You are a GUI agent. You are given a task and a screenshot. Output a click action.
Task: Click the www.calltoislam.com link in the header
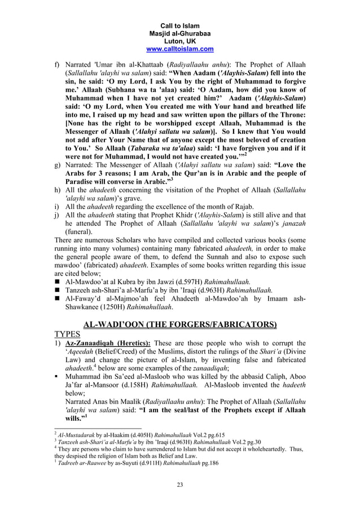pyautogui.click(x=180, y=49)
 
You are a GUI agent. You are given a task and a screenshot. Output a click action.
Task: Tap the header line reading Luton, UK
pyautogui.click(x=180, y=41)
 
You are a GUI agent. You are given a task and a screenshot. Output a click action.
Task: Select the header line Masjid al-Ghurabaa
pyautogui.click(x=180, y=33)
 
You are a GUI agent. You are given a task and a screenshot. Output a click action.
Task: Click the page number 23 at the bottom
pyautogui.click(x=180, y=483)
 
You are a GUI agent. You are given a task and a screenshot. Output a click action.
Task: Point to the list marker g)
pyautogui.click(x=58, y=164)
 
